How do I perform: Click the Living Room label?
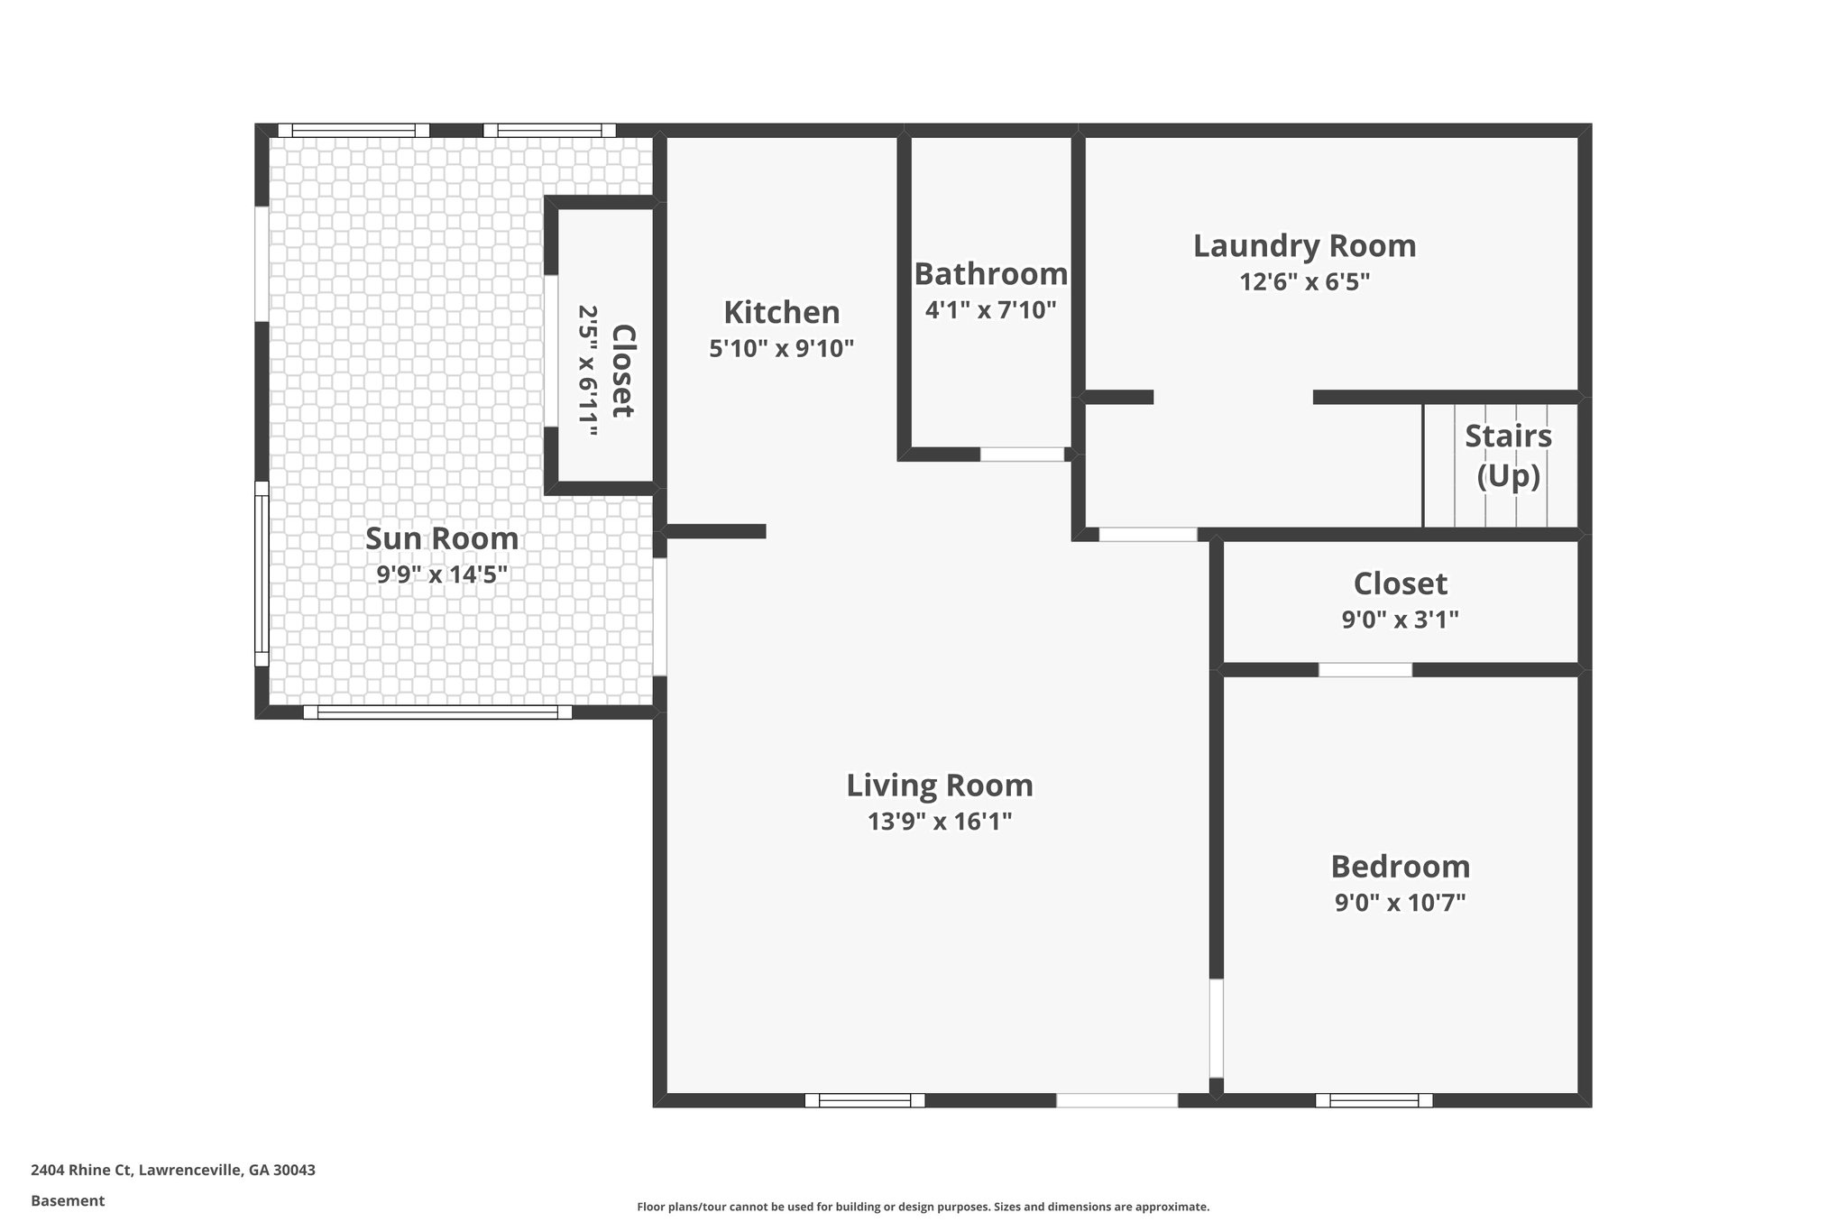[x=939, y=785]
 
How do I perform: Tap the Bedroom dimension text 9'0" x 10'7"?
[x=1400, y=903]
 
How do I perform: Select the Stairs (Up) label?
[x=1508, y=455]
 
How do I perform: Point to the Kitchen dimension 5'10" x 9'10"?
[x=781, y=349]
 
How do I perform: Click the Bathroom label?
[x=990, y=273]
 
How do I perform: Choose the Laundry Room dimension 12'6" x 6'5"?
[x=1304, y=282]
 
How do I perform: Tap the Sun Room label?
[x=442, y=538]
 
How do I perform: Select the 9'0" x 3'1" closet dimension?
[x=1400, y=620]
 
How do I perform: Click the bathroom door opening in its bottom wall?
[x=1022, y=455]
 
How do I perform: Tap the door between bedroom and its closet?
[x=1365, y=670]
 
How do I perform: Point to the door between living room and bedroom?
[x=1216, y=1028]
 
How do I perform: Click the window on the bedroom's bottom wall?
[x=1374, y=1100]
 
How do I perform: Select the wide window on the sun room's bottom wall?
[x=437, y=712]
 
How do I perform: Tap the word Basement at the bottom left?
[x=68, y=1201]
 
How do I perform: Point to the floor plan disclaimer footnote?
[x=923, y=1207]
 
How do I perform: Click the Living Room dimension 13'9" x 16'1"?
[x=939, y=822]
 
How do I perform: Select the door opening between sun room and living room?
[x=659, y=617]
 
